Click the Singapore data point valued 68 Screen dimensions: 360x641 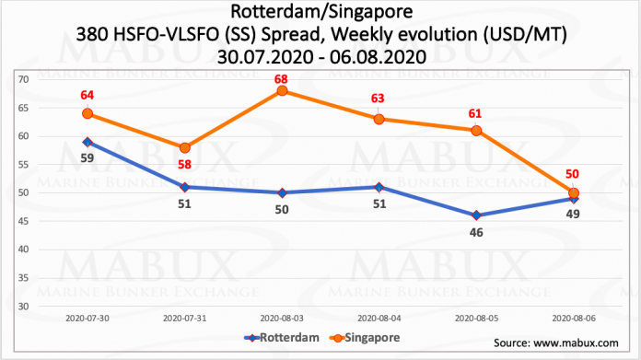[282, 90]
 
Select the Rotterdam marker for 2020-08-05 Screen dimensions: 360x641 [476, 215]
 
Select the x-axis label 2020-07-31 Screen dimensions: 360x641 [184, 317]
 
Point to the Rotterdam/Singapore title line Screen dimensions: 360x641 [320, 12]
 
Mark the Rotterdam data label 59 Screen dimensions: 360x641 [87, 157]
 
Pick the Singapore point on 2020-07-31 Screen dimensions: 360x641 [184, 147]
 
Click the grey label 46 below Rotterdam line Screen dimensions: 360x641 [476, 233]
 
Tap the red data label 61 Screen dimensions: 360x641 [476, 112]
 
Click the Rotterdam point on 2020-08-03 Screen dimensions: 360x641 [282, 192]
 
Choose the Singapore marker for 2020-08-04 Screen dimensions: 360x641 [379, 119]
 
